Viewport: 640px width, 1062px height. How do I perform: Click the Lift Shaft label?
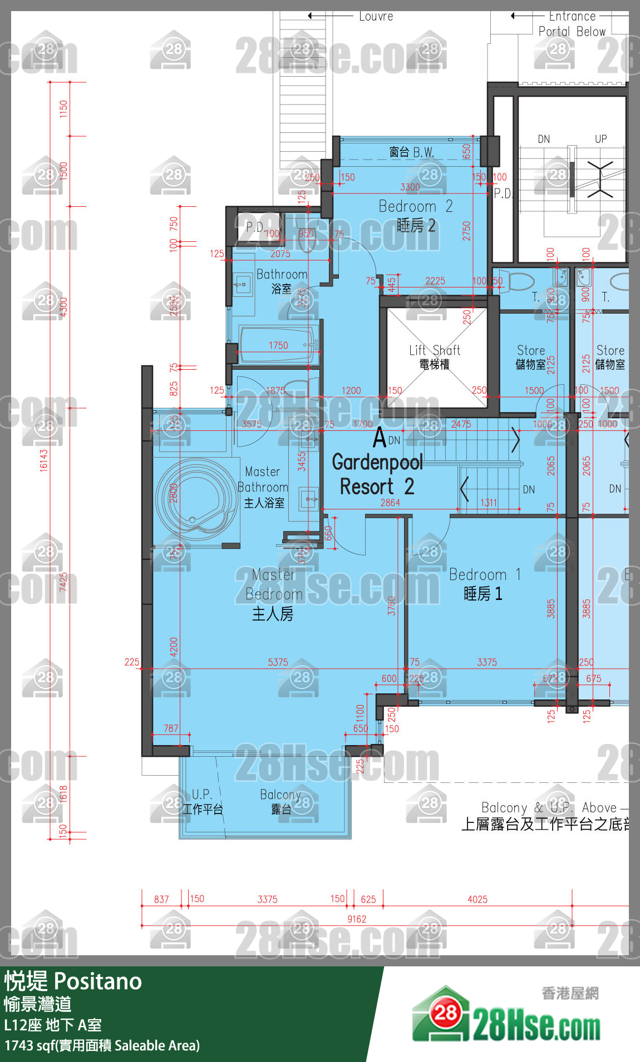(435, 356)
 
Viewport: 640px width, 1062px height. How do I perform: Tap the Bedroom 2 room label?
(416, 216)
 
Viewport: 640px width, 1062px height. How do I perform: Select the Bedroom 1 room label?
(484, 584)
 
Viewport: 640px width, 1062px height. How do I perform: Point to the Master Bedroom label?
(273, 594)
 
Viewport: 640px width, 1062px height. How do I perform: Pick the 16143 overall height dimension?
(44, 460)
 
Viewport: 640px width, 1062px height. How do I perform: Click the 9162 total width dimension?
(357, 919)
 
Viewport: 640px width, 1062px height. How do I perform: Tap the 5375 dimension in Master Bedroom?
(278, 662)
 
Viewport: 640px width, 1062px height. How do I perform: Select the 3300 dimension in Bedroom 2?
(410, 187)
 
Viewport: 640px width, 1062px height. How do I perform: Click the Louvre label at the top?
(376, 17)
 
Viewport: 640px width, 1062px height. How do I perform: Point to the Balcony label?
(280, 801)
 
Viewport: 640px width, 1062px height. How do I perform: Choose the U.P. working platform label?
(202, 801)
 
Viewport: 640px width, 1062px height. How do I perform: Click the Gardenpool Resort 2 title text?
(377, 474)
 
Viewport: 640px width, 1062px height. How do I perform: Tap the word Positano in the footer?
(98, 981)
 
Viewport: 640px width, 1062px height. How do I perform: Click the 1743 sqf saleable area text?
(102, 1045)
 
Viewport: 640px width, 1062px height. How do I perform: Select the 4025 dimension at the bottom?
(477, 899)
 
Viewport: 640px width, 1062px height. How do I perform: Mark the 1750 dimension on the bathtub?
(278, 345)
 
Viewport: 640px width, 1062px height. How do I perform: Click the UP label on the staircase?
(601, 139)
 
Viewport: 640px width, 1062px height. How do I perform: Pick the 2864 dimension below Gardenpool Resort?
(390, 503)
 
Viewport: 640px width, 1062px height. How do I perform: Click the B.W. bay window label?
(412, 152)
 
